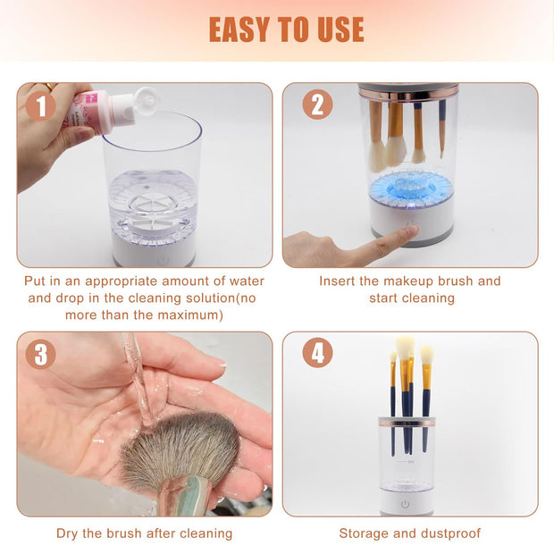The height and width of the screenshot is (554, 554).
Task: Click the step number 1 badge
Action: tap(40, 106)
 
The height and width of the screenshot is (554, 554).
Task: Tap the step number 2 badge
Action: tap(317, 105)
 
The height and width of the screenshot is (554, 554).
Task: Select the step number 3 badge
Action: tap(40, 354)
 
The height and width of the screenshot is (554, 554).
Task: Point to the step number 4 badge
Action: tap(317, 353)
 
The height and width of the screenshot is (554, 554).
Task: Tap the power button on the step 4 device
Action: tap(405, 504)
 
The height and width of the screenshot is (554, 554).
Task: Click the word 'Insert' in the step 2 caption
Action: tap(340, 281)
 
